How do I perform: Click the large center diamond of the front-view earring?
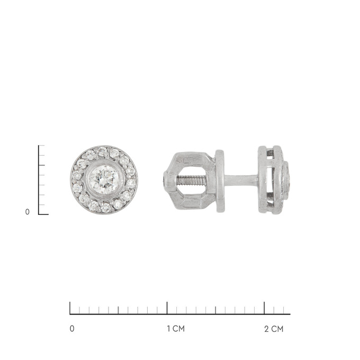tap(104, 179)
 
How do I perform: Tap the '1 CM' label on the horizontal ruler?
tap(176, 329)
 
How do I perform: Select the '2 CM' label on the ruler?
tap(274, 329)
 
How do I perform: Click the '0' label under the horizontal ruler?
tap(72, 329)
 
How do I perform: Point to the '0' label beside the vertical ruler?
tap(28, 212)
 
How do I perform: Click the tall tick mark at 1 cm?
tap(167, 308)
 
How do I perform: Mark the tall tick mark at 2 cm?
tap(264, 308)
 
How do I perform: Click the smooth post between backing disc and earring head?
tap(241, 179)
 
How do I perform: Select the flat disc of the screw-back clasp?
tap(220, 181)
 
